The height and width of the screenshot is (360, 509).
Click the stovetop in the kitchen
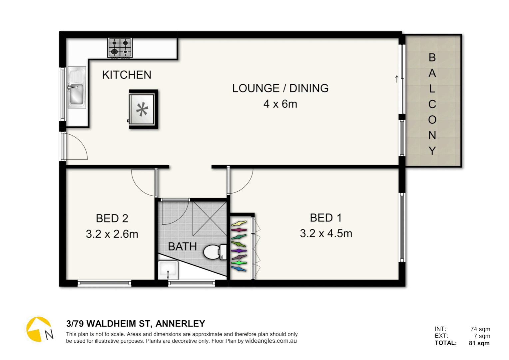pos(120,48)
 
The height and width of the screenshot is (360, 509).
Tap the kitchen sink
pos(77,88)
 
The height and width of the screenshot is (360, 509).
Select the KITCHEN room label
pos(127,75)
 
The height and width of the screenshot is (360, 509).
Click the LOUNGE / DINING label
pos(280,88)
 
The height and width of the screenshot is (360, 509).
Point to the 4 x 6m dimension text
pos(280,104)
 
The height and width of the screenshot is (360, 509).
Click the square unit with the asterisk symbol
pos(143,109)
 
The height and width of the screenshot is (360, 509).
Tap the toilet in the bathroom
pos(214,252)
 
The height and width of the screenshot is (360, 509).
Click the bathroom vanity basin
pos(168,270)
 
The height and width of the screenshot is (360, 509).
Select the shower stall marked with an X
pos(210,219)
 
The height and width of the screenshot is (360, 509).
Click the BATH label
pos(182,247)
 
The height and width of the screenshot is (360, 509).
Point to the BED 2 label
pos(112,218)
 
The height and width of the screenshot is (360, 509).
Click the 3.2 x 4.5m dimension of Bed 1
pos(326,233)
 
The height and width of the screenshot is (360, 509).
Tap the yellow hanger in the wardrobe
pos(239,223)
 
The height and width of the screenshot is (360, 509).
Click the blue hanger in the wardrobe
pos(239,268)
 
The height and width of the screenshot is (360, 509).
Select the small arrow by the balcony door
pos(396,79)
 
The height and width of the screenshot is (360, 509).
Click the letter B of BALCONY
pos(432,58)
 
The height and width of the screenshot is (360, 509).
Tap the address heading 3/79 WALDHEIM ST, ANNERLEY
pos(136,324)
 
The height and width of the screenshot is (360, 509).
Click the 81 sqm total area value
pos(479,343)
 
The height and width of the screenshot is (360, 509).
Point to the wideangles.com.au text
pos(271,341)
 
